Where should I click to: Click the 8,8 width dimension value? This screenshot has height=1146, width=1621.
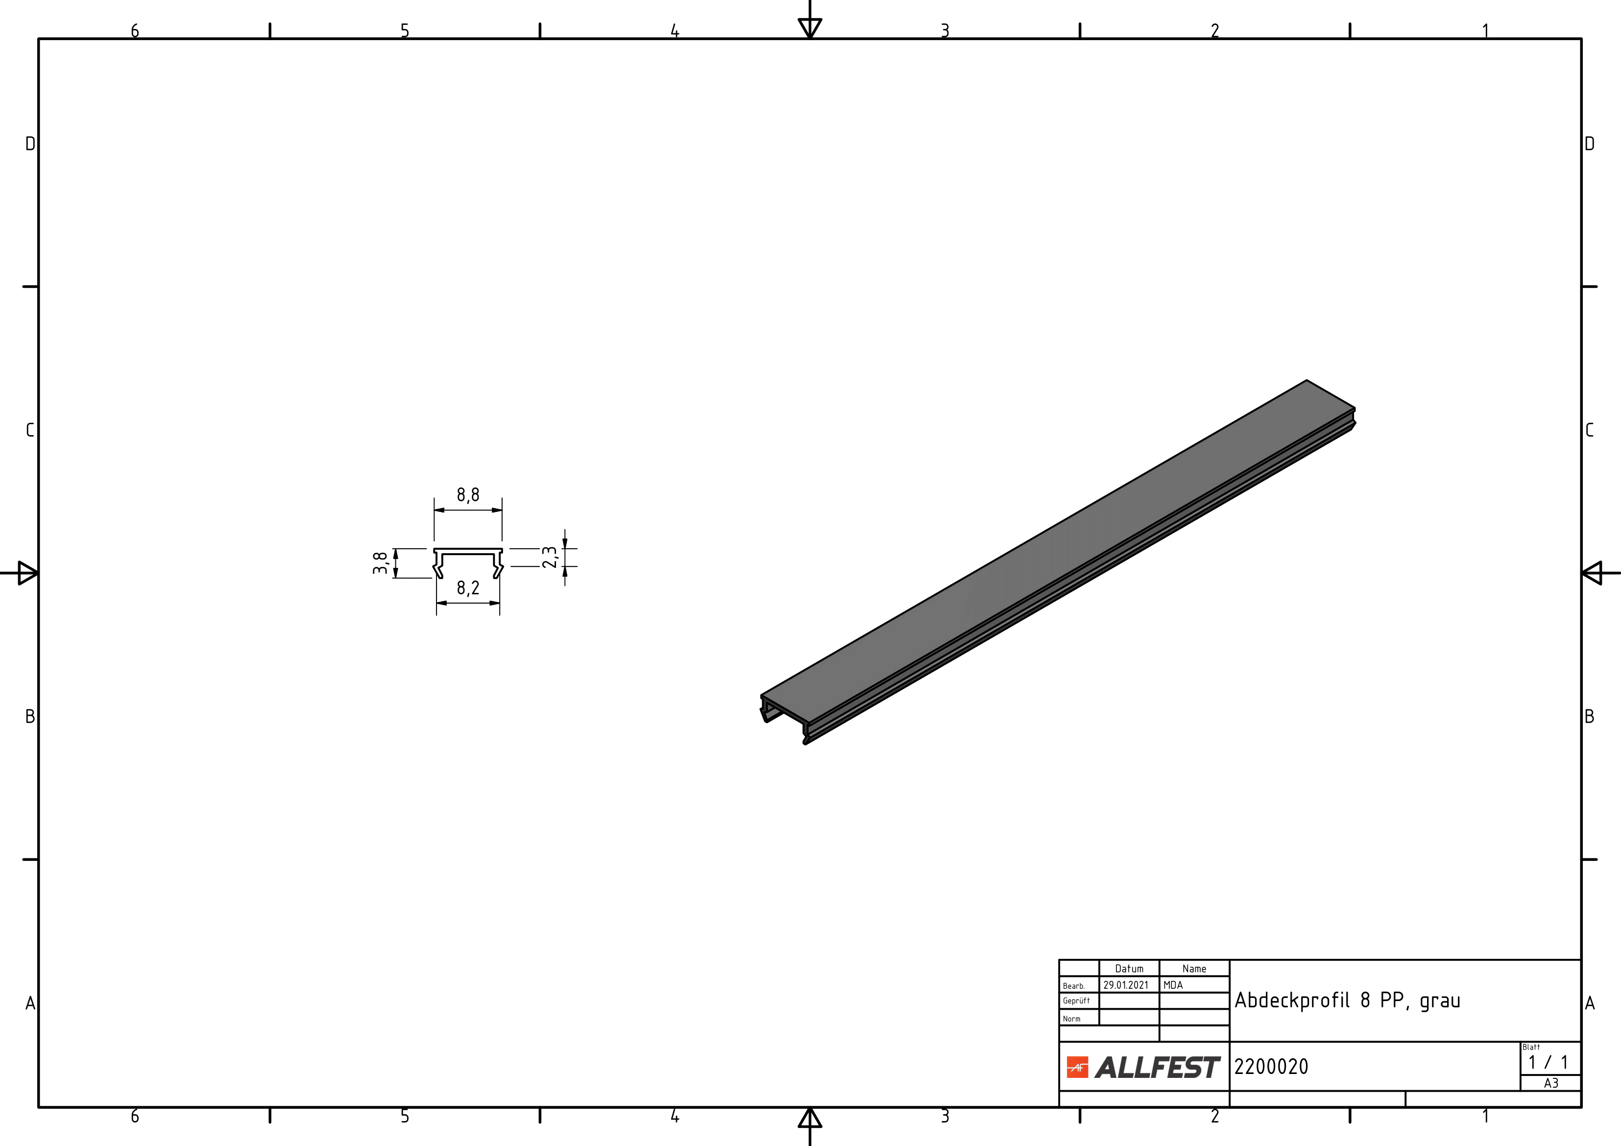coord(468,494)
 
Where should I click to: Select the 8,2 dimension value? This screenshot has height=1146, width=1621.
coord(468,587)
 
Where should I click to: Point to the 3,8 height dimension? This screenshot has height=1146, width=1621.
coord(380,563)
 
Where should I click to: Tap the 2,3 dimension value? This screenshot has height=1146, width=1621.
coord(550,557)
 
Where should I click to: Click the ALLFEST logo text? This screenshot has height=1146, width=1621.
coord(1157,1068)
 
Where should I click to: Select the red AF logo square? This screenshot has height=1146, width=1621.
coord(1077,1068)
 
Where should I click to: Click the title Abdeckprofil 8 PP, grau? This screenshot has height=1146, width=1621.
coord(1347,1000)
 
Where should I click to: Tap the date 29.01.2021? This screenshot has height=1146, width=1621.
coord(1126,985)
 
